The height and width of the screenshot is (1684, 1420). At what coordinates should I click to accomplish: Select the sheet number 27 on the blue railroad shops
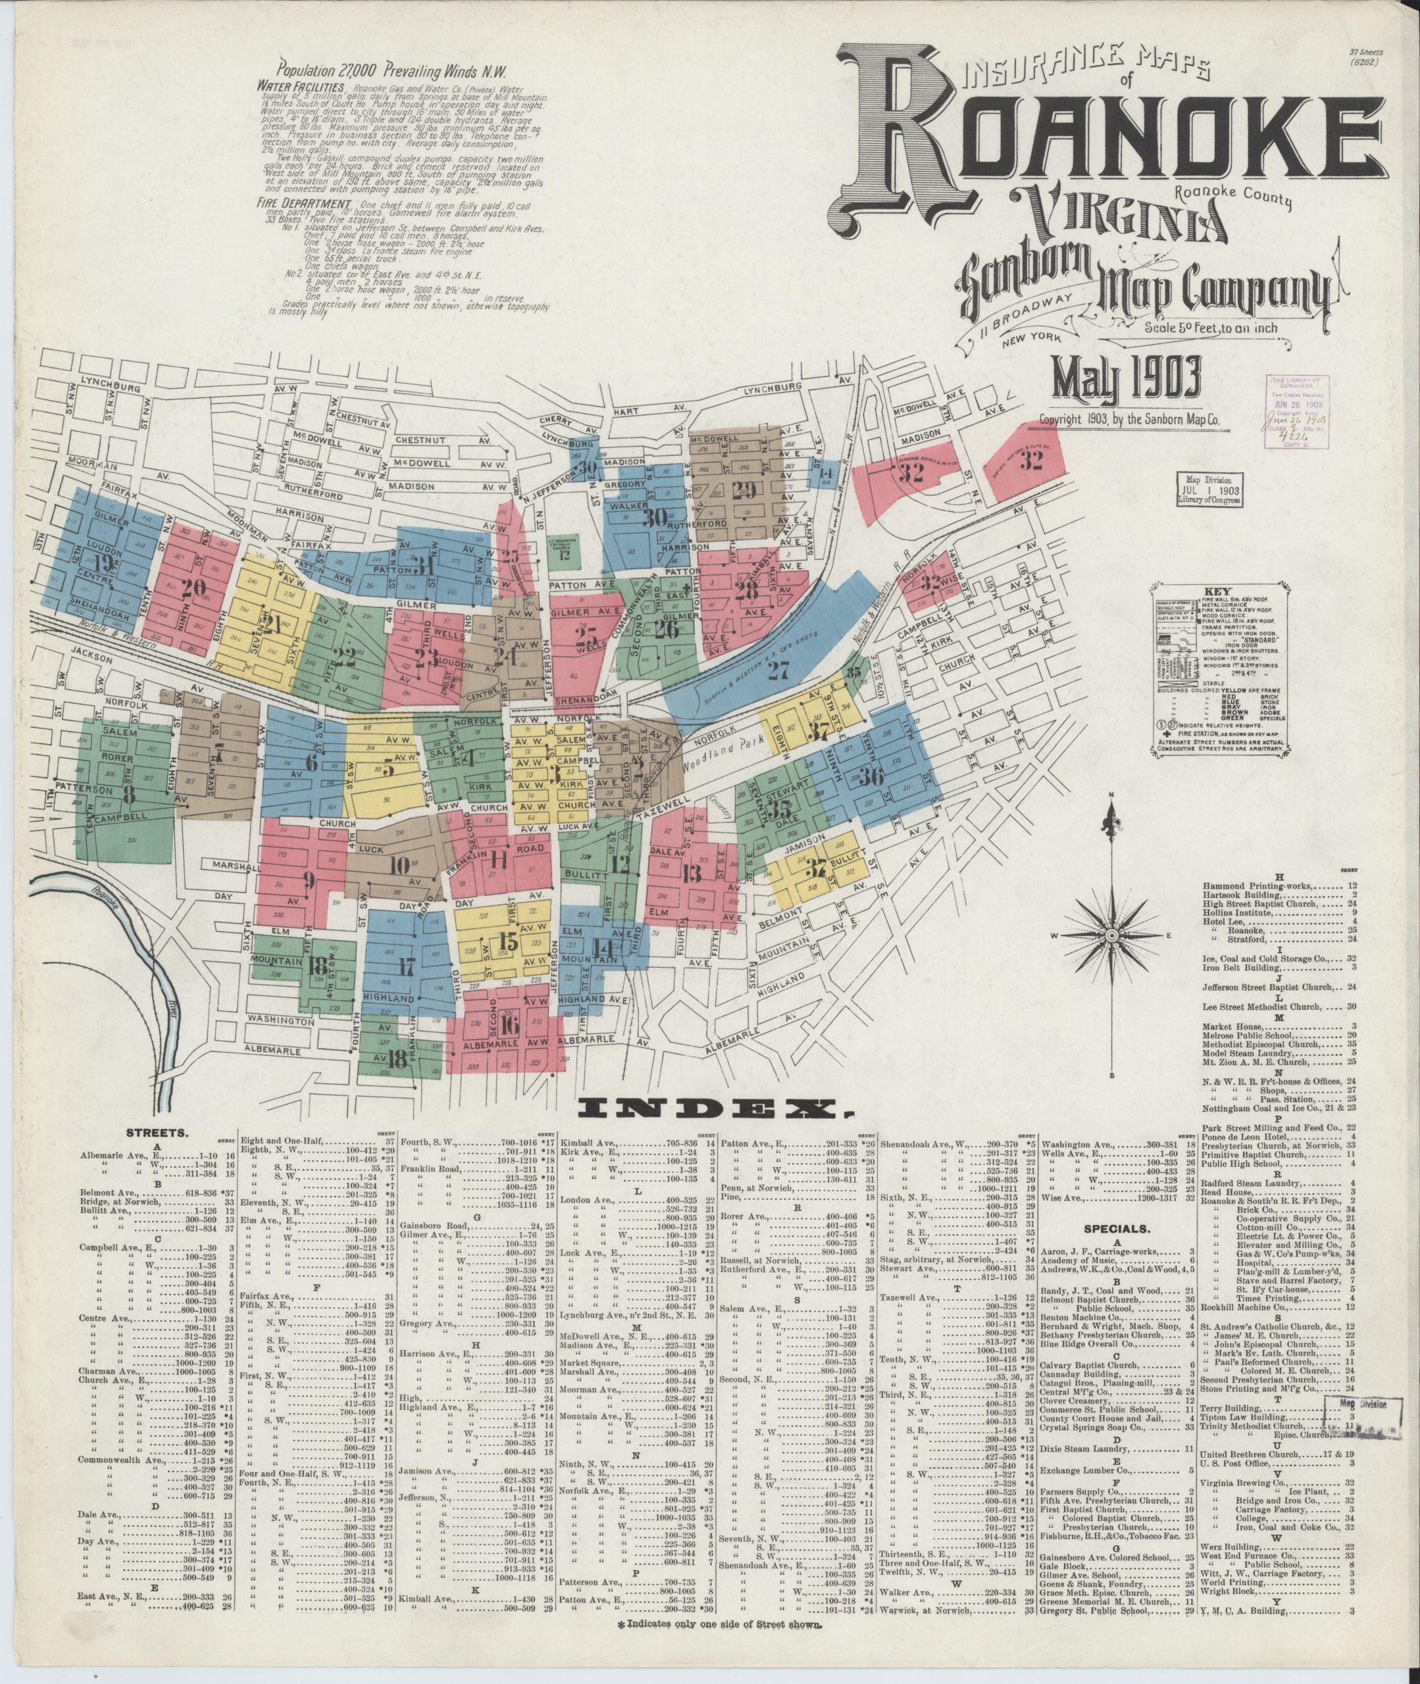click(x=778, y=671)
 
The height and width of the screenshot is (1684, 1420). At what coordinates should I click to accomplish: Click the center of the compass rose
click(x=1111, y=935)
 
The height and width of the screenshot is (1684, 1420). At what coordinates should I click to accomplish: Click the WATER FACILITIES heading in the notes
click(x=302, y=87)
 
